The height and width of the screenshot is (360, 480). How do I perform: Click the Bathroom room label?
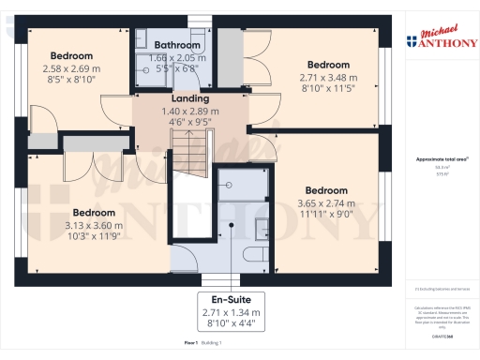177,45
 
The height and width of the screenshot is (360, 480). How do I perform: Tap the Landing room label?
189,98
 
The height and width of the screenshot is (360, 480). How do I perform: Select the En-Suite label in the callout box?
230,300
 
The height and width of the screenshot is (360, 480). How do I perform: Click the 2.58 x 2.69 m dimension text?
72,67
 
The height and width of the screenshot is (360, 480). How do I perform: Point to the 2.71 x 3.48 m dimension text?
327,77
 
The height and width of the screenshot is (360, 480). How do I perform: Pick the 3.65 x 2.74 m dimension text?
326,202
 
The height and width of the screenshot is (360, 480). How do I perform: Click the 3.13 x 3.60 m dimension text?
95,225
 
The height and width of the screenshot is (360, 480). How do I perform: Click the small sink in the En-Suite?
262,227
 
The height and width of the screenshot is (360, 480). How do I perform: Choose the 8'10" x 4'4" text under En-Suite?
230,324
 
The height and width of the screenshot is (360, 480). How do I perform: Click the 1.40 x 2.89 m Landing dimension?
189,110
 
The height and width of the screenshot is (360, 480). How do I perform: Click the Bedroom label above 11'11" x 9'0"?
326,190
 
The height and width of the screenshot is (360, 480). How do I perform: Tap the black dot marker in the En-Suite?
230,226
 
